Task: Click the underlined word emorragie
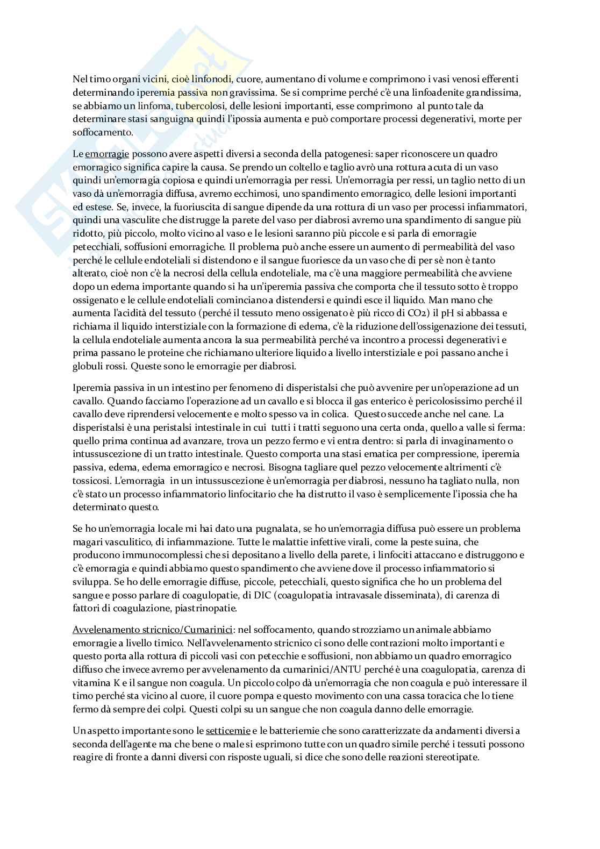[107, 154]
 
